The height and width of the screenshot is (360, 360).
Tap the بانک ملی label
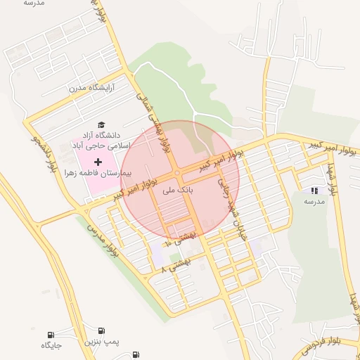[x=176, y=190]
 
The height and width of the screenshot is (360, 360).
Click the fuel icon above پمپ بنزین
[x=103, y=330]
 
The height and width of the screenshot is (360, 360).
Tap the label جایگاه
[x=51, y=345]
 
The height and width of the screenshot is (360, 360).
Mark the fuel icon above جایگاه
[x=51, y=335]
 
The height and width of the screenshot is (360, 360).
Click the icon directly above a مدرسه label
[x=314, y=191]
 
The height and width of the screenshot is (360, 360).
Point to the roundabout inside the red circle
[x=177, y=173]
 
